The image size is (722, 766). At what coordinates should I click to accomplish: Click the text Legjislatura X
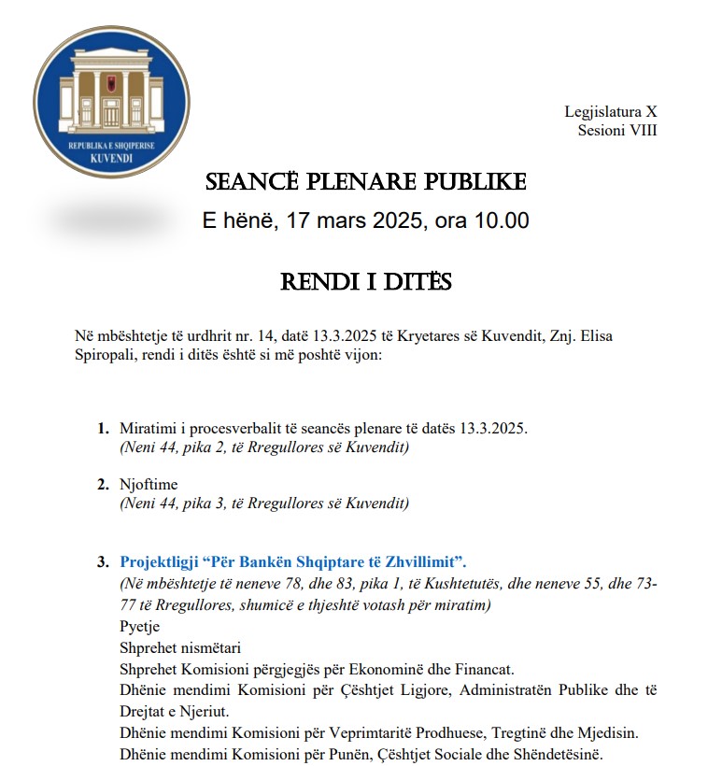tap(610, 112)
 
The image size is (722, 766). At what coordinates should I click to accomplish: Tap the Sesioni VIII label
tap(616, 131)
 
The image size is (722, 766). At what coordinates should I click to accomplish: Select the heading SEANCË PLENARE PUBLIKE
tap(366, 181)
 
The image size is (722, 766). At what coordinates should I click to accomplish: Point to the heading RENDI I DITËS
tap(366, 281)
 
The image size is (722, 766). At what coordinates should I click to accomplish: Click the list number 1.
tap(102, 429)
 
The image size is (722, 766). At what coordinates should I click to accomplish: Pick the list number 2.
tap(102, 485)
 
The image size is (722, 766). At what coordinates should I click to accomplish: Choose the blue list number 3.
tap(102, 562)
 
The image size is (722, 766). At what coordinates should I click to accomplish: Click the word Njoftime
tap(149, 485)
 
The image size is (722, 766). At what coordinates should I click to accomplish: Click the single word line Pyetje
tap(140, 626)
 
